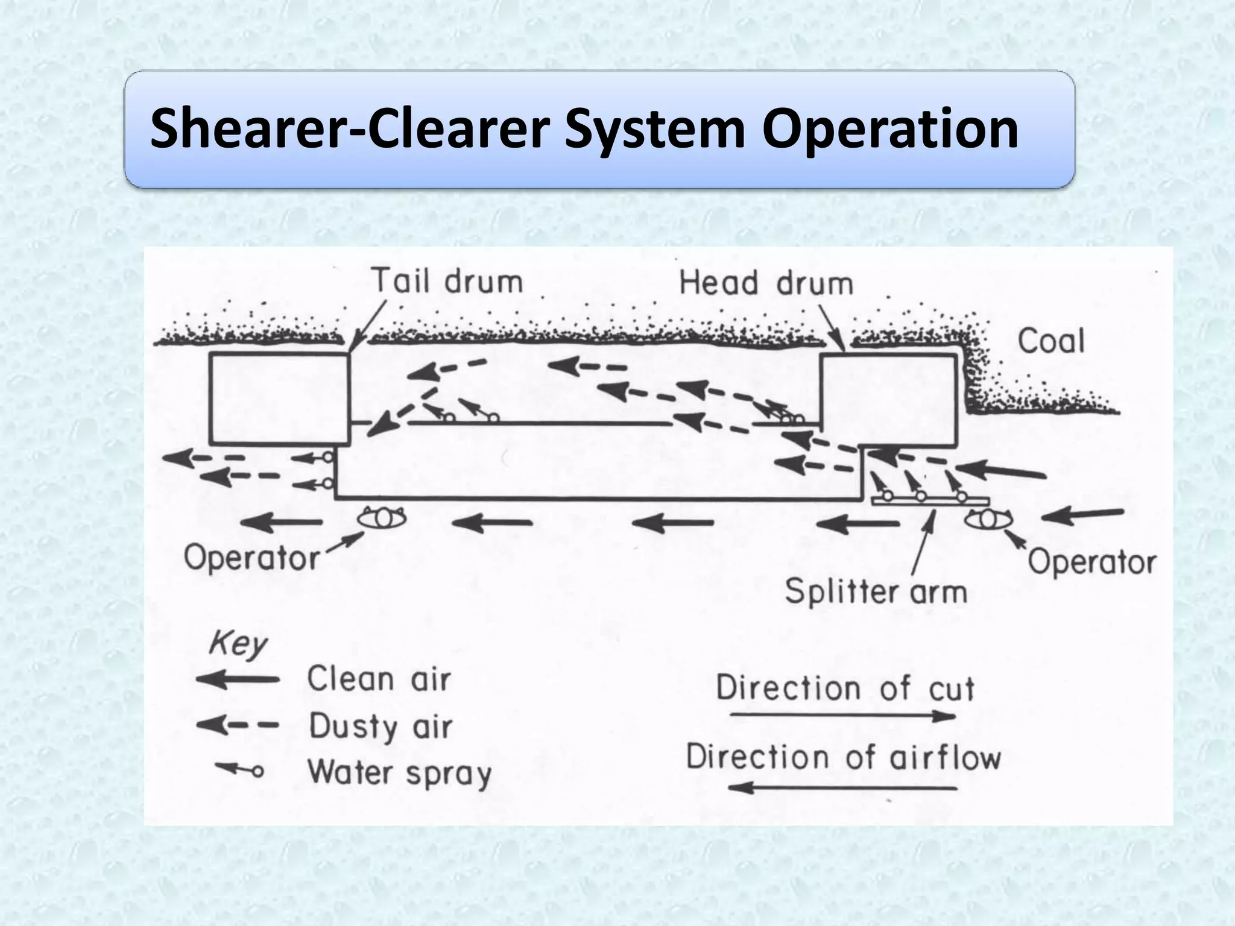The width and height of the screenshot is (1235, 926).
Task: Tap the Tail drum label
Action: pyautogui.click(x=447, y=282)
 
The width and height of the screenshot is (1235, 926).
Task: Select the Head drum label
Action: pyautogui.click(x=766, y=283)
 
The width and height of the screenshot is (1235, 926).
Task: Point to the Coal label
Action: pyautogui.click(x=1050, y=341)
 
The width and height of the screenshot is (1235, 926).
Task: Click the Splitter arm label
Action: pyautogui.click(x=876, y=591)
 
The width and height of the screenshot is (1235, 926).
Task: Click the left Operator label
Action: pyautogui.click(x=251, y=558)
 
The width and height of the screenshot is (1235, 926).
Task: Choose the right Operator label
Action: pyautogui.click(x=1091, y=562)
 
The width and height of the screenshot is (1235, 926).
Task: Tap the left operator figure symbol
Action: pyautogui.click(x=382, y=517)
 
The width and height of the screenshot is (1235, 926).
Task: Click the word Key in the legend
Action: pyautogui.click(x=237, y=645)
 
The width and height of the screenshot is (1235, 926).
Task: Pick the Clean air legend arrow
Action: pyautogui.click(x=238, y=680)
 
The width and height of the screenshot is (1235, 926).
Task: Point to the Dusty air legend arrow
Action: pyautogui.click(x=238, y=725)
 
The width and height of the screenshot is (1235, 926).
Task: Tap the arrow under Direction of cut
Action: pyautogui.click(x=843, y=716)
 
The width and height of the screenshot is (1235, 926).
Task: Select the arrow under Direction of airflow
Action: pyautogui.click(x=843, y=787)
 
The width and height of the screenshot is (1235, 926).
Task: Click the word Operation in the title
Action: pyautogui.click(x=890, y=129)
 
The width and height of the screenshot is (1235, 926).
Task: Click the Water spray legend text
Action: pyautogui.click(x=399, y=773)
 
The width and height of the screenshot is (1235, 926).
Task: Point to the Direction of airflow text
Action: pyautogui.click(x=843, y=758)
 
